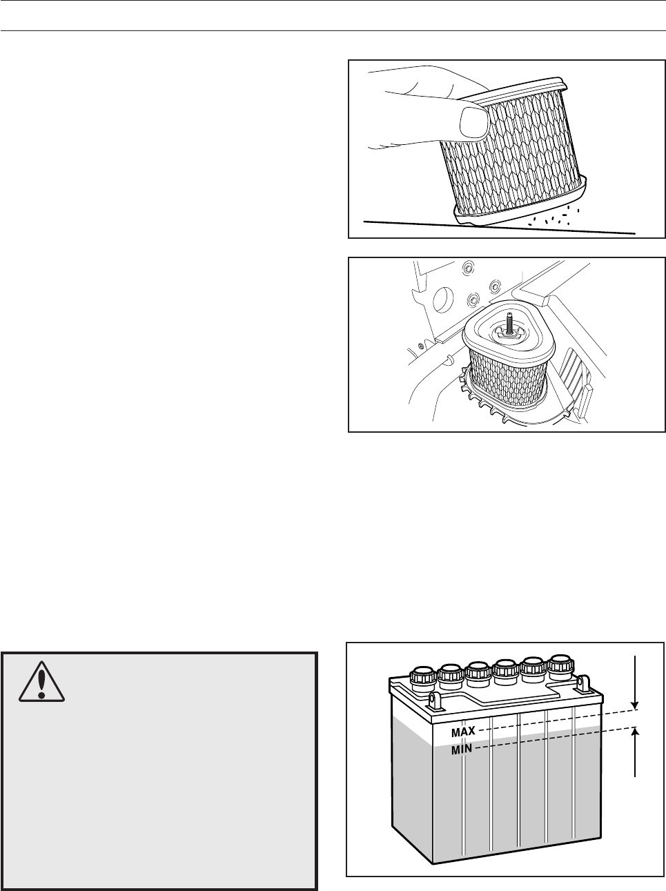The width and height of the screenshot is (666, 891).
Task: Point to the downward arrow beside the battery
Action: click(635, 683)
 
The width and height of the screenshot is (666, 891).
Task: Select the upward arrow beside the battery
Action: click(635, 752)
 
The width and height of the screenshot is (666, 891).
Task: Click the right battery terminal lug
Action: click(582, 685)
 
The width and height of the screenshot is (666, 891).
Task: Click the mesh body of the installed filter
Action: click(507, 380)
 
